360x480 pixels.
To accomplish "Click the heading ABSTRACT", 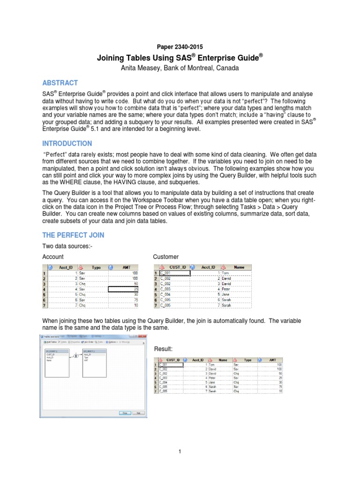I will tap(60, 83).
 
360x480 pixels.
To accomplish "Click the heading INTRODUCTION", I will tap(67, 143).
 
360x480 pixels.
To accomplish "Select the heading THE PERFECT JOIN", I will tap(73, 235).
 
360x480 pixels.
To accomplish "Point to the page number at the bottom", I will tap(180, 451).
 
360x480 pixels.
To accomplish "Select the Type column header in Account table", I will tap(96, 267).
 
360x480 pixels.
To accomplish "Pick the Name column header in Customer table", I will tap(239, 267).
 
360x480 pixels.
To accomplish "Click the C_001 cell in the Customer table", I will tap(174, 273).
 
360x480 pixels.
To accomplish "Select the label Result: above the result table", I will tap(163, 349).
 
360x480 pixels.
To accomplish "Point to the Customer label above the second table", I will tap(166, 257).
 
